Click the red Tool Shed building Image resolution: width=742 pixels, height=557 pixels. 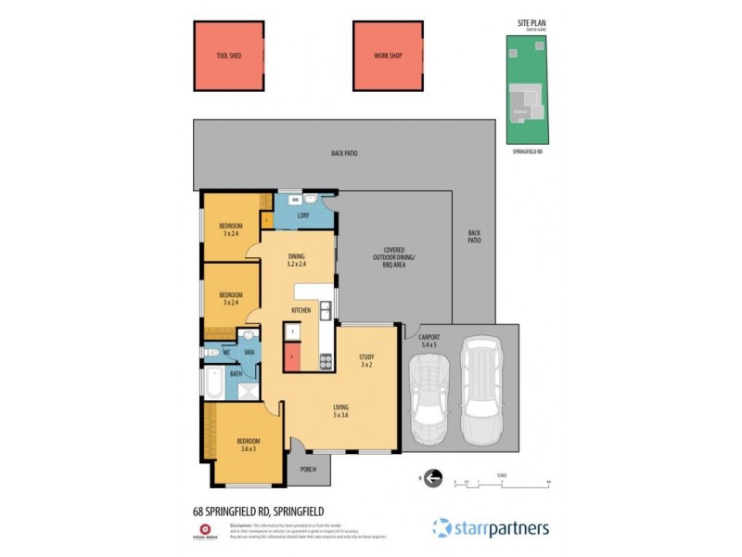click(229, 56)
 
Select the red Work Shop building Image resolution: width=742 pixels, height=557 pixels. click(388, 56)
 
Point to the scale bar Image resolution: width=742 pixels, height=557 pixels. click(502, 481)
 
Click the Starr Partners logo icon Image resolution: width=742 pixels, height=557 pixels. click(441, 528)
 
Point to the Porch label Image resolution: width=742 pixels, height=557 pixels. click(307, 469)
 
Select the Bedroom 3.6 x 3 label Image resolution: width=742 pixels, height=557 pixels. click(248, 446)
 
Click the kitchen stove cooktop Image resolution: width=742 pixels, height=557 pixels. click(326, 362)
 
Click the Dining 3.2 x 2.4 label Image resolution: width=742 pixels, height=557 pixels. click(297, 260)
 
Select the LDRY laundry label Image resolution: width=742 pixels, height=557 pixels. click(302, 216)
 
